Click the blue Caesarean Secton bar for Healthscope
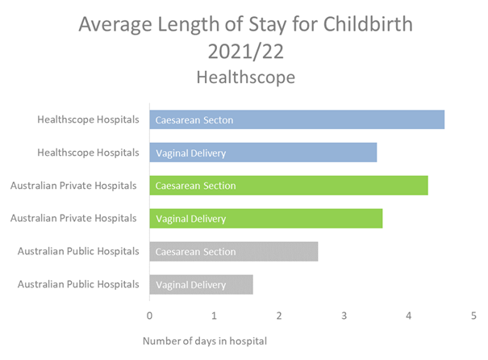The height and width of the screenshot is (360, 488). pyautogui.click(x=296, y=119)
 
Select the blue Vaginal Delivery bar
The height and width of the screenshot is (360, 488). pyautogui.click(x=263, y=153)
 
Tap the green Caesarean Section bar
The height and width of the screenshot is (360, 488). pyautogui.click(x=288, y=186)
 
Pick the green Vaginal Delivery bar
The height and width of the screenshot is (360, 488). pyautogui.click(x=265, y=219)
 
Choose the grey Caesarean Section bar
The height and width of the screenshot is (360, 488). pyautogui.click(x=233, y=252)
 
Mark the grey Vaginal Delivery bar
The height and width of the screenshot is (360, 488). pyautogui.click(x=201, y=284)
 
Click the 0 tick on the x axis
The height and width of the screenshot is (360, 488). pyautogui.click(x=149, y=316)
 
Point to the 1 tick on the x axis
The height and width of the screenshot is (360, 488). pyautogui.click(x=214, y=316)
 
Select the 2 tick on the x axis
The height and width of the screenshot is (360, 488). pyautogui.click(x=279, y=316)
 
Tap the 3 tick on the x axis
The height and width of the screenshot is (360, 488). pyautogui.click(x=344, y=316)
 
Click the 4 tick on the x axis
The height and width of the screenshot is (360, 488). pyautogui.click(x=409, y=316)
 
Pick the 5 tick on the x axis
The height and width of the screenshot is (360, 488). pyautogui.click(x=473, y=316)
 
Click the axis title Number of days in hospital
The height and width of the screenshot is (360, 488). pyautogui.click(x=204, y=341)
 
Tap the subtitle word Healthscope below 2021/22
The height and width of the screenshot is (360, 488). pyautogui.click(x=244, y=77)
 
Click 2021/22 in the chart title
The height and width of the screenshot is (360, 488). pyautogui.click(x=244, y=52)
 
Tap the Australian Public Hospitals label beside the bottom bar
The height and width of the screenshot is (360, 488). pyautogui.click(x=78, y=284)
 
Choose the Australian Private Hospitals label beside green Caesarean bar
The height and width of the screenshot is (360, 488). pyautogui.click(x=74, y=186)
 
